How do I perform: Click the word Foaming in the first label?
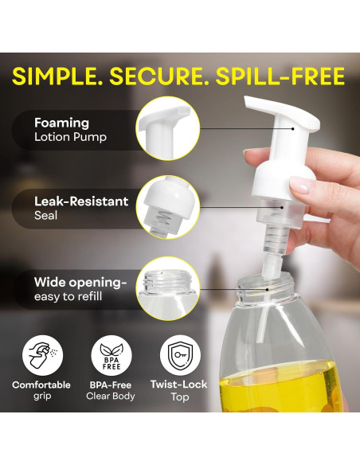click(x=61, y=123)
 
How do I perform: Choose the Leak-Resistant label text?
click(x=80, y=201)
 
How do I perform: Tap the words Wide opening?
click(x=80, y=282)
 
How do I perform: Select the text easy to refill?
click(x=68, y=296)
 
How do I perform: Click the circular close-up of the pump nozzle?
click(x=167, y=128)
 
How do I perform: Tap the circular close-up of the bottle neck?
click(x=167, y=287)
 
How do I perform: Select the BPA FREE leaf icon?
click(x=112, y=356)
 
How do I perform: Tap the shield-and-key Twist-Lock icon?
click(x=179, y=356)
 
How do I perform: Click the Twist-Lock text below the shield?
click(x=179, y=385)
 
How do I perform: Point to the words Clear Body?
click(x=111, y=397)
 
